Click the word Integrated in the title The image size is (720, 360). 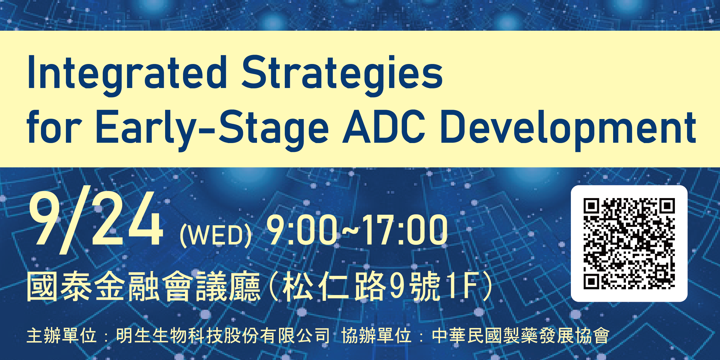(x=127, y=76)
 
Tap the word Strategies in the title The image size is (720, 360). (x=342, y=76)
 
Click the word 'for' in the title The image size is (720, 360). (x=54, y=126)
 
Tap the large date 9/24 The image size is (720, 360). (x=96, y=222)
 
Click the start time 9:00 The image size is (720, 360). (x=302, y=230)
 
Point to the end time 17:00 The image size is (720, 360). (x=405, y=230)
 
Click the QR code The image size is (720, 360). (x=629, y=244)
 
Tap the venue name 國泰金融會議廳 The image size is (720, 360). (x=144, y=286)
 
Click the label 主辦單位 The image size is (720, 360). (x=62, y=336)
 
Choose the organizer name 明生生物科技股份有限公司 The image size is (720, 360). (x=223, y=336)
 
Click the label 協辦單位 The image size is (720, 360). (x=376, y=336)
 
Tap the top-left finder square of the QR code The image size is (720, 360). (x=591, y=206)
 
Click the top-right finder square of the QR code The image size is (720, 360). (x=667, y=206)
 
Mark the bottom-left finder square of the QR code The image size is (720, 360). (x=591, y=281)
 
